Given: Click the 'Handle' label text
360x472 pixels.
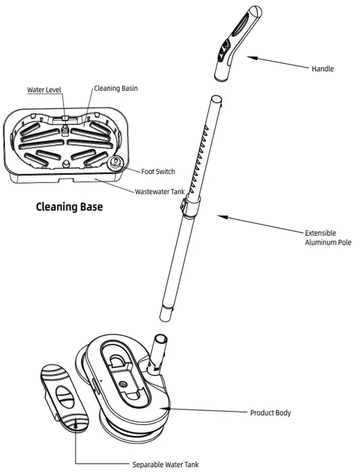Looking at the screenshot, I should [x=323, y=69].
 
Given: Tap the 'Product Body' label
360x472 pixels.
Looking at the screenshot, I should [x=271, y=413].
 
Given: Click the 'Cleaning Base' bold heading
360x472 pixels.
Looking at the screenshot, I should [x=69, y=206].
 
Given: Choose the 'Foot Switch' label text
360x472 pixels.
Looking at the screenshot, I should [x=157, y=172].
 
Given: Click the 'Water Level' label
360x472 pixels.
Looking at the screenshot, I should [x=44, y=90].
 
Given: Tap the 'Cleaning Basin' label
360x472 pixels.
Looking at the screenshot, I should [x=115, y=89].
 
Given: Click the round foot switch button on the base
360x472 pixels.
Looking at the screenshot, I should [x=115, y=164].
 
